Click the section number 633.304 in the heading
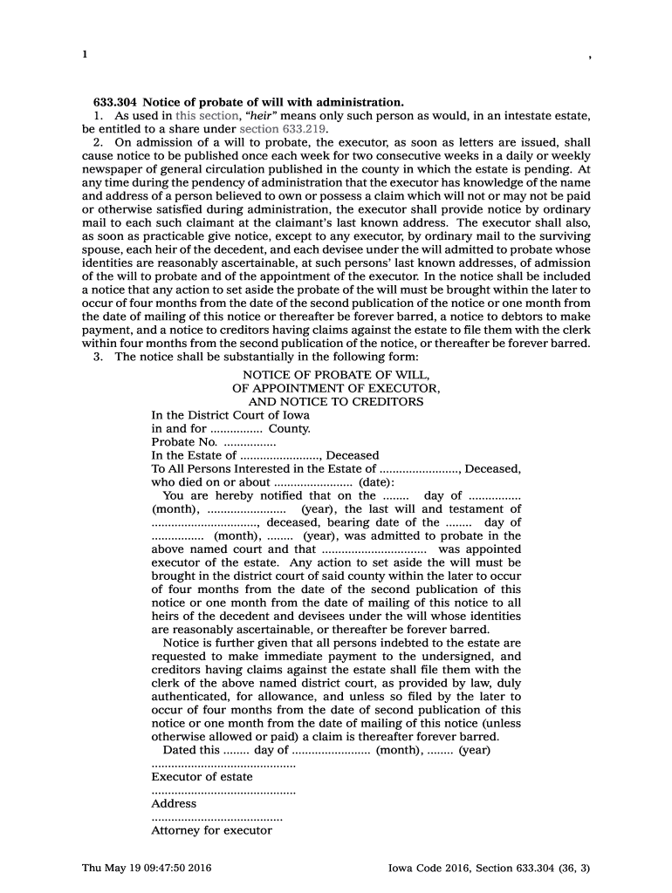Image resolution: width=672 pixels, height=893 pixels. [115, 102]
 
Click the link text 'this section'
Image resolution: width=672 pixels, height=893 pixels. [206, 115]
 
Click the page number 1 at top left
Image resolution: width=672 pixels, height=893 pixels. [85, 54]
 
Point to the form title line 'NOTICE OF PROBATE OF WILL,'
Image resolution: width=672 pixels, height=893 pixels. [336, 374]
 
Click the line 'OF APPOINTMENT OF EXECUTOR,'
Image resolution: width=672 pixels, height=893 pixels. [336, 388]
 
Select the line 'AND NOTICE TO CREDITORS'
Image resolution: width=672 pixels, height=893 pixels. [336, 401]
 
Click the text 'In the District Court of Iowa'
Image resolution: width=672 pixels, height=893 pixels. [230, 415]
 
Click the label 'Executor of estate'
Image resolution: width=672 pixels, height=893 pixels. [202, 777]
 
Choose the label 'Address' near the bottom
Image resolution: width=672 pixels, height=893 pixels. [174, 804]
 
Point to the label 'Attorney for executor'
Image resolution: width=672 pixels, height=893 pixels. [211, 831]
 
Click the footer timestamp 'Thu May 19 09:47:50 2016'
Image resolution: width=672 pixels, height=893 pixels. [147, 868]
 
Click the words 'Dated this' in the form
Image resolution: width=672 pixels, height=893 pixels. [191, 750]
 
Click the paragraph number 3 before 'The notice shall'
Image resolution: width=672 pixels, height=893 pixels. [98, 357]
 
